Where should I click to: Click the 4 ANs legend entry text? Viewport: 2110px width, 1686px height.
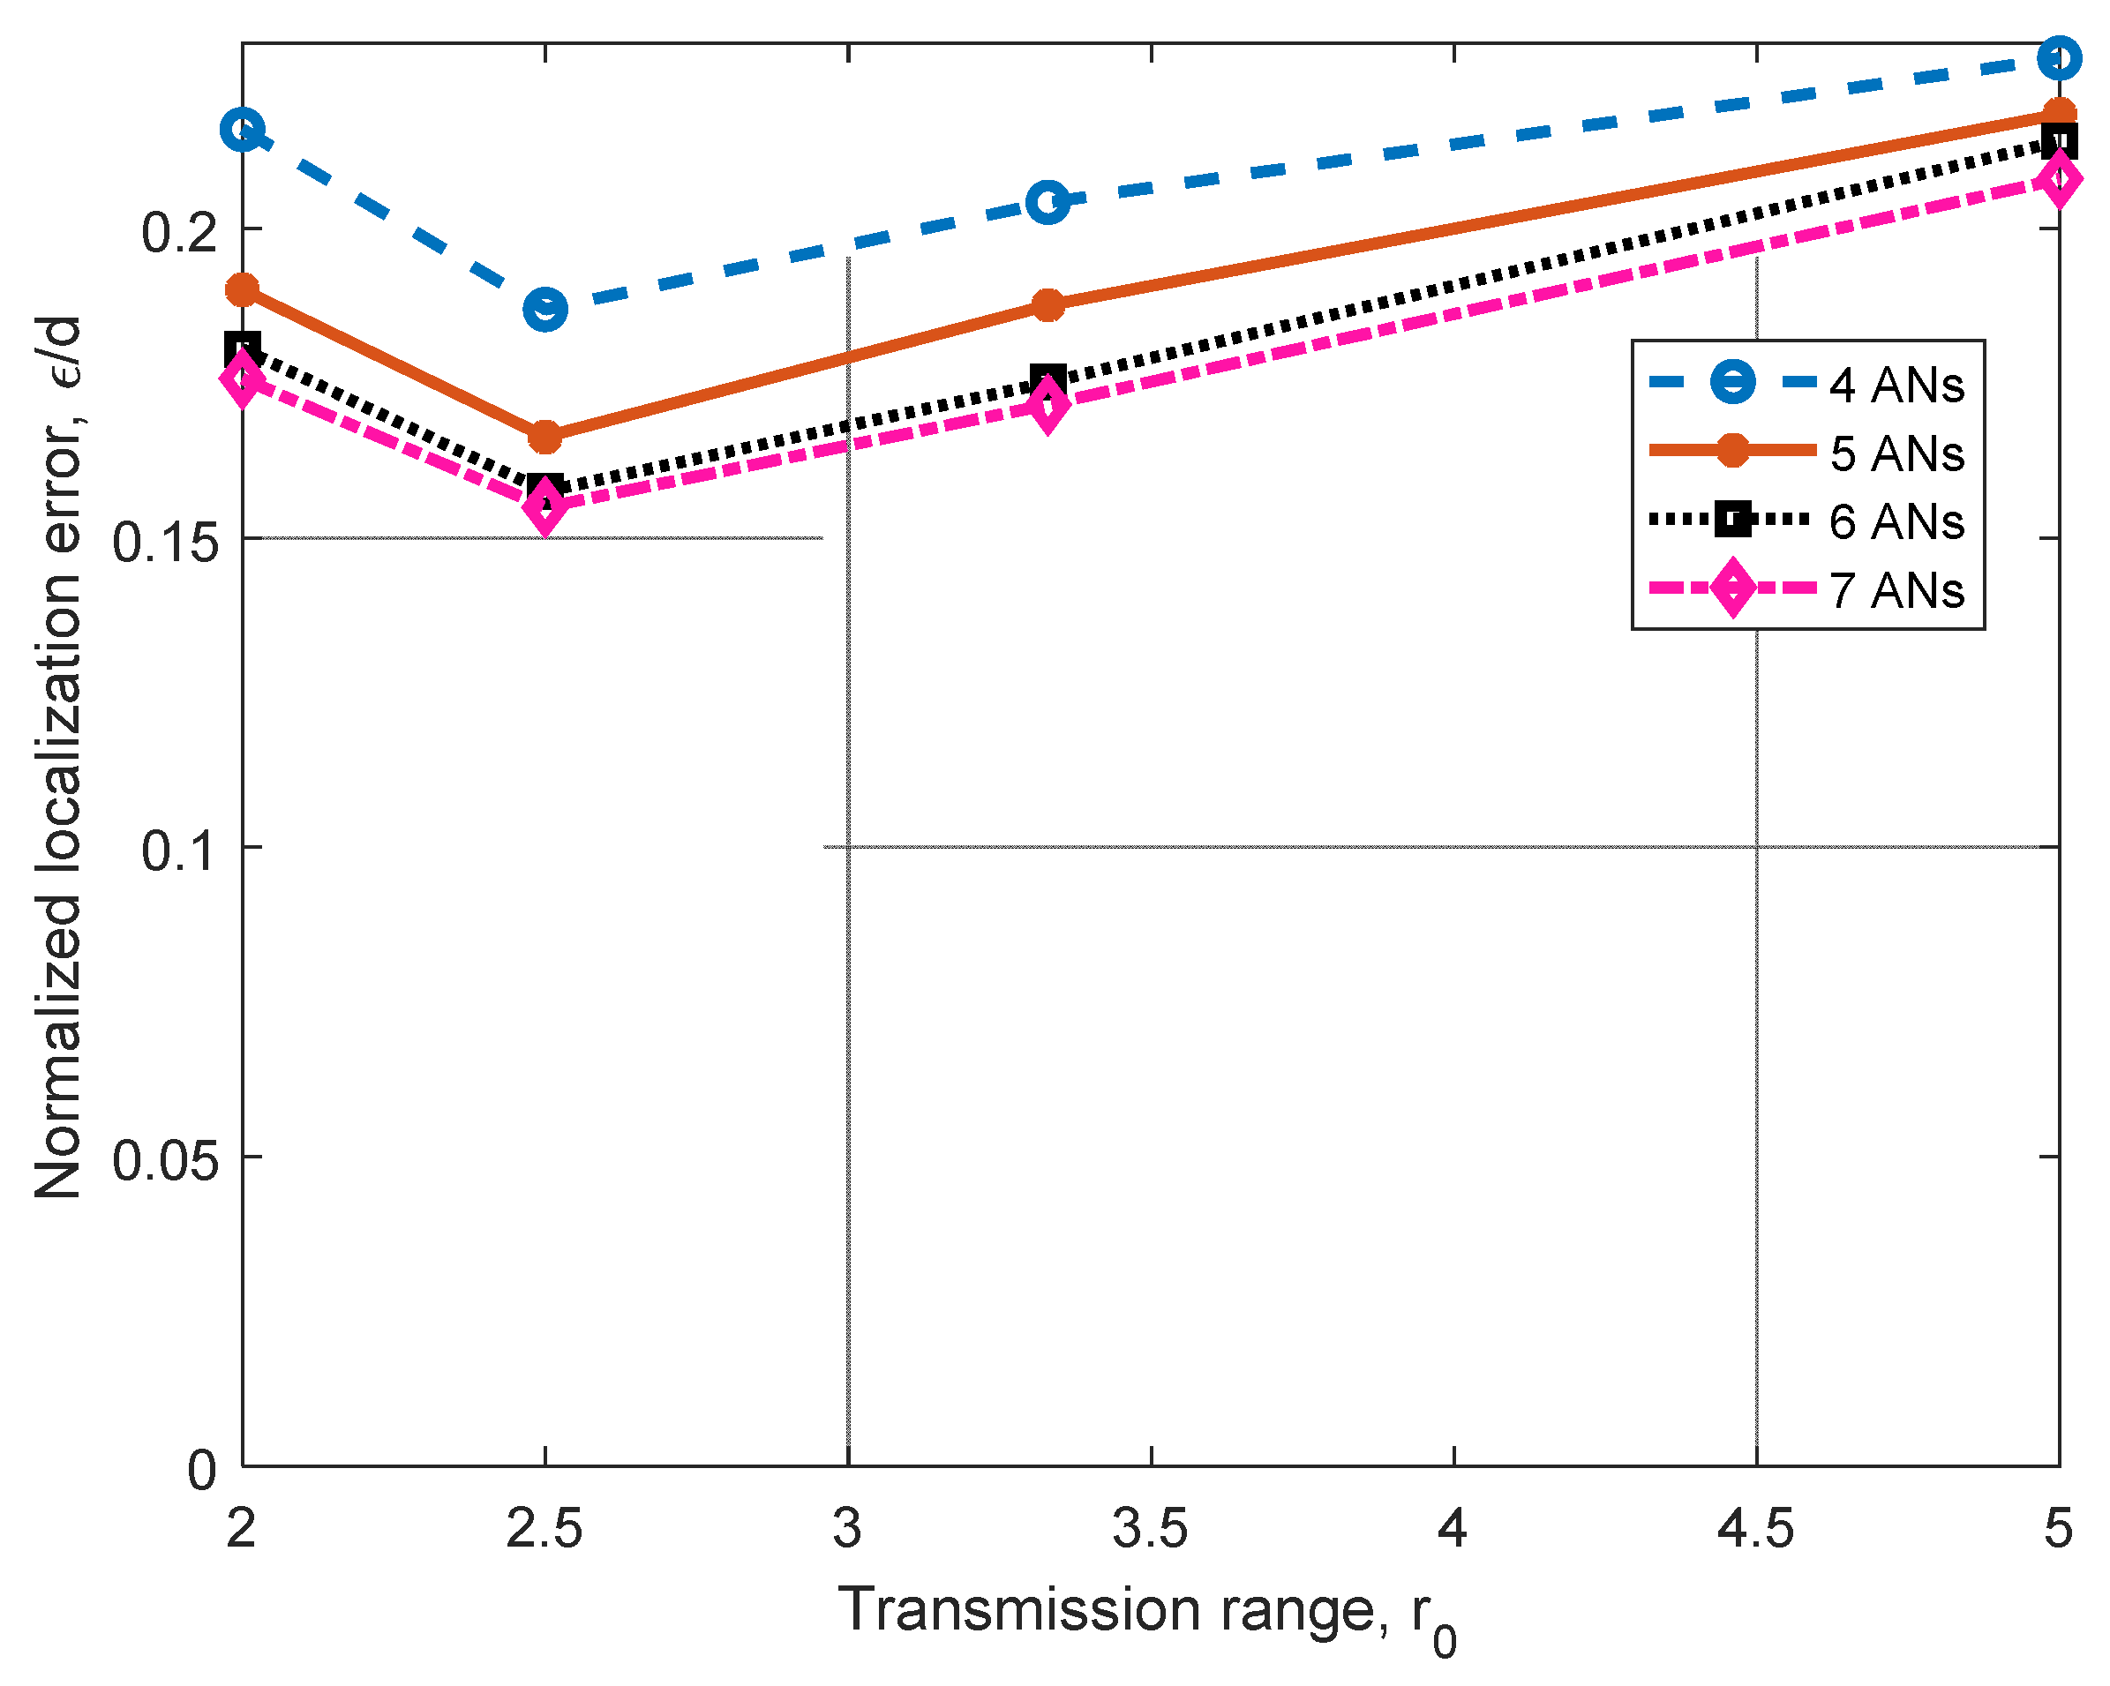coord(1896,386)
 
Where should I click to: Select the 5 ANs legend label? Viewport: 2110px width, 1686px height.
coord(1896,454)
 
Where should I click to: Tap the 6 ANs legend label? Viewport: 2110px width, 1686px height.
coord(1896,521)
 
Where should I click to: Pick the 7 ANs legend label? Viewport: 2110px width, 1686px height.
coord(1896,590)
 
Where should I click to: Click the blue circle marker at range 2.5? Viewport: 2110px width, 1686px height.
coord(545,309)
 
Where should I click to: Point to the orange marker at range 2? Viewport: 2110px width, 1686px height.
coord(242,289)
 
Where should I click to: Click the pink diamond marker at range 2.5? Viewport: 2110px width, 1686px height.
coord(545,507)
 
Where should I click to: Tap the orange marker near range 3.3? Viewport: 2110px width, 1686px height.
coord(1047,304)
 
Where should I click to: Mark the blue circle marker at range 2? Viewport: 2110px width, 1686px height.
coord(242,129)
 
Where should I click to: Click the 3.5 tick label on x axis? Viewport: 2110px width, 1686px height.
coord(1150,1527)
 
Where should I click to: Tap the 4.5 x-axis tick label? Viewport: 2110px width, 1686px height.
coord(1756,1527)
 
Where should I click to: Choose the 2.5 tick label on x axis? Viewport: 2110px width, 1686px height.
coord(544,1527)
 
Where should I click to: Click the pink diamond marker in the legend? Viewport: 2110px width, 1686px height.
coord(1732,588)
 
